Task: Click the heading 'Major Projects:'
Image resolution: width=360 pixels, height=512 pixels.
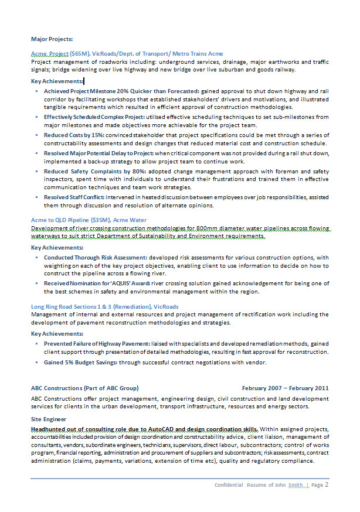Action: pos(52,39)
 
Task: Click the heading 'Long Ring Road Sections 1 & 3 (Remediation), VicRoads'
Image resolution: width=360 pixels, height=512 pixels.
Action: pos(104,307)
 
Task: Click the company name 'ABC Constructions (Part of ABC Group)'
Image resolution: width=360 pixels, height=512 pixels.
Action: pos(84,388)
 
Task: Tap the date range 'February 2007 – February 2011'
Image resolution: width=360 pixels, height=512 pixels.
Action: pos(286,388)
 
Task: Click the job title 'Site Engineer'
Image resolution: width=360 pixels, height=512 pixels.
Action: pos(49,419)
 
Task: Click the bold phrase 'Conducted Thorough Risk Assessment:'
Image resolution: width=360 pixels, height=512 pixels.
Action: pos(95,258)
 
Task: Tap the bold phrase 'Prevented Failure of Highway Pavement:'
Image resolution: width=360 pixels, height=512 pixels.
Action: pos(97,343)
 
